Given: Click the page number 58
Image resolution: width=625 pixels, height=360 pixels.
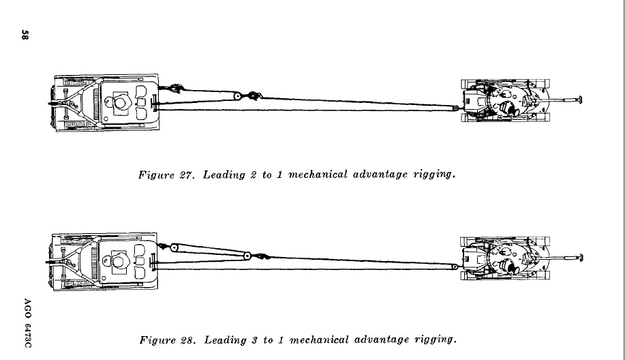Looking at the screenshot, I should pos(24,35).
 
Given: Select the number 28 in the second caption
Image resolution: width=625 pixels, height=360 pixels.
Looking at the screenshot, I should pos(187,339).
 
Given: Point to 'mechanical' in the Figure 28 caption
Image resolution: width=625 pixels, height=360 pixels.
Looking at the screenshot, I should pos(318,339).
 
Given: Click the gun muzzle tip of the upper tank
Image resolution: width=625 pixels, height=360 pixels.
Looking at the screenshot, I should pos(579,100).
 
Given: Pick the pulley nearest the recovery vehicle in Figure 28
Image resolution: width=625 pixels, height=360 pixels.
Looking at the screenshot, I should pos(174,247).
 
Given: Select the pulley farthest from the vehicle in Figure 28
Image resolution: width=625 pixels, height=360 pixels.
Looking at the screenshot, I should pos(245,256).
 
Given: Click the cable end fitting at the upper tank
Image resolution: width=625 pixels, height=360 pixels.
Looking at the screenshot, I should pos(456,107).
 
